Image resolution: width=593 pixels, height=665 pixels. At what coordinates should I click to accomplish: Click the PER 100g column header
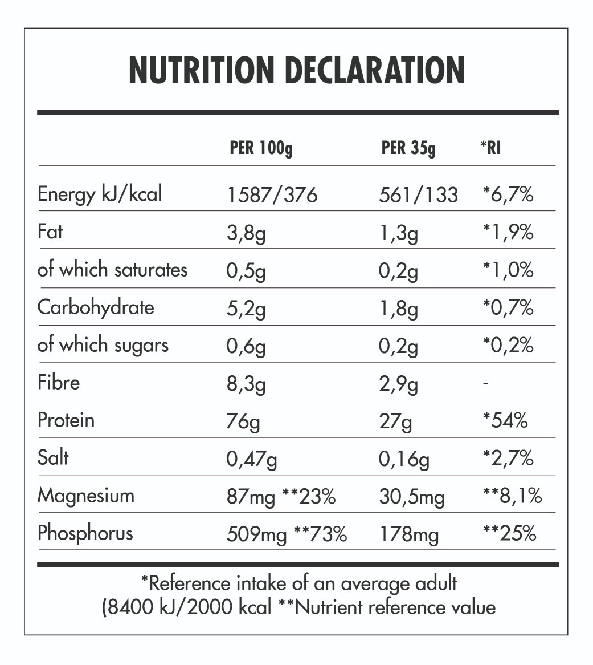click(261, 149)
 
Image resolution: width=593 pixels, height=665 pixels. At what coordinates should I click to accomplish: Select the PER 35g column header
click(408, 149)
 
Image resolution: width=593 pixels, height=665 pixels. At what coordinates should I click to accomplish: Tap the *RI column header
click(490, 149)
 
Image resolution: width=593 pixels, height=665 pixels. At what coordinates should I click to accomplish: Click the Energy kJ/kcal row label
click(100, 194)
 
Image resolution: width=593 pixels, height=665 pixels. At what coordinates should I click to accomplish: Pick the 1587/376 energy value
click(272, 196)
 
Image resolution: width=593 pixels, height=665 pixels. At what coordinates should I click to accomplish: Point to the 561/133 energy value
click(418, 196)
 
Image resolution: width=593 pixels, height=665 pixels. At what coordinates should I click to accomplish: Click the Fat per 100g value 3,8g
click(246, 233)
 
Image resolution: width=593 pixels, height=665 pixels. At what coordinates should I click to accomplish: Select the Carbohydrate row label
click(96, 307)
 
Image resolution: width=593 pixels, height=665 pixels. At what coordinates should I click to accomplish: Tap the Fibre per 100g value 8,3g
click(246, 384)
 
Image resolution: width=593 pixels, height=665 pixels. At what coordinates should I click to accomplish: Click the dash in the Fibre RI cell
click(485, 384)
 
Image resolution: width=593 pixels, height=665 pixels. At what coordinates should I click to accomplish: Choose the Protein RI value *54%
click(505, 421)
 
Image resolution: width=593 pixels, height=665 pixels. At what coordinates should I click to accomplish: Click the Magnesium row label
click(86, 496)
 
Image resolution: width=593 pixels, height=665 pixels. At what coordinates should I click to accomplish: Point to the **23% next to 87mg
click(309, 497)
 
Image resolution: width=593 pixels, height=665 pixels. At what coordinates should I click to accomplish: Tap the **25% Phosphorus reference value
click(509, 534)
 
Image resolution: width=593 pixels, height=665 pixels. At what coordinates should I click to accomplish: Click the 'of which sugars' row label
click(103, 346)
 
